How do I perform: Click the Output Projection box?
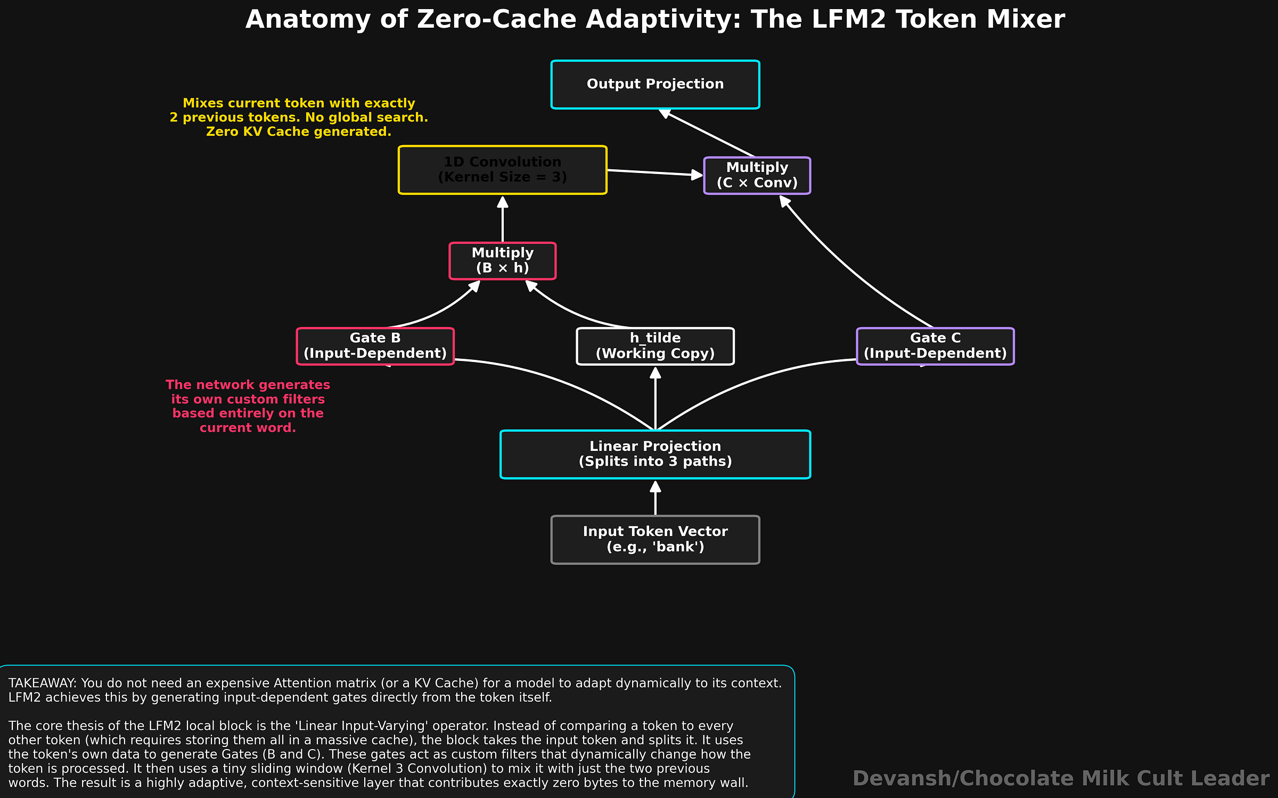[x=655, y=85]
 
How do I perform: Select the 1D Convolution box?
[x=502, y=170]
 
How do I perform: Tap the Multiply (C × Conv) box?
[x=757, y=175]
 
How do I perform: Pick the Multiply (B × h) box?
[x=502, y=261]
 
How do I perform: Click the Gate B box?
[x=375, y=346]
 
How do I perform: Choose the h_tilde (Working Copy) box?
[x=655, y=346]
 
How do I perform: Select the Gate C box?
[x=935, y=346]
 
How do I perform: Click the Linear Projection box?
[x=655, y=454]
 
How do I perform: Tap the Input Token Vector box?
[x=655, y=539]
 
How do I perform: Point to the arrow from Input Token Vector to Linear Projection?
[x=656, y=498]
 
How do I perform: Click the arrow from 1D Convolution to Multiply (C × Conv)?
[x=655, y=172]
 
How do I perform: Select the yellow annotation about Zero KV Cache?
[x=299, y=117]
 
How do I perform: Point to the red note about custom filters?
[x=248, y=406]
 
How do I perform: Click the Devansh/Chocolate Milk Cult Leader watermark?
[x=1060, y=778]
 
